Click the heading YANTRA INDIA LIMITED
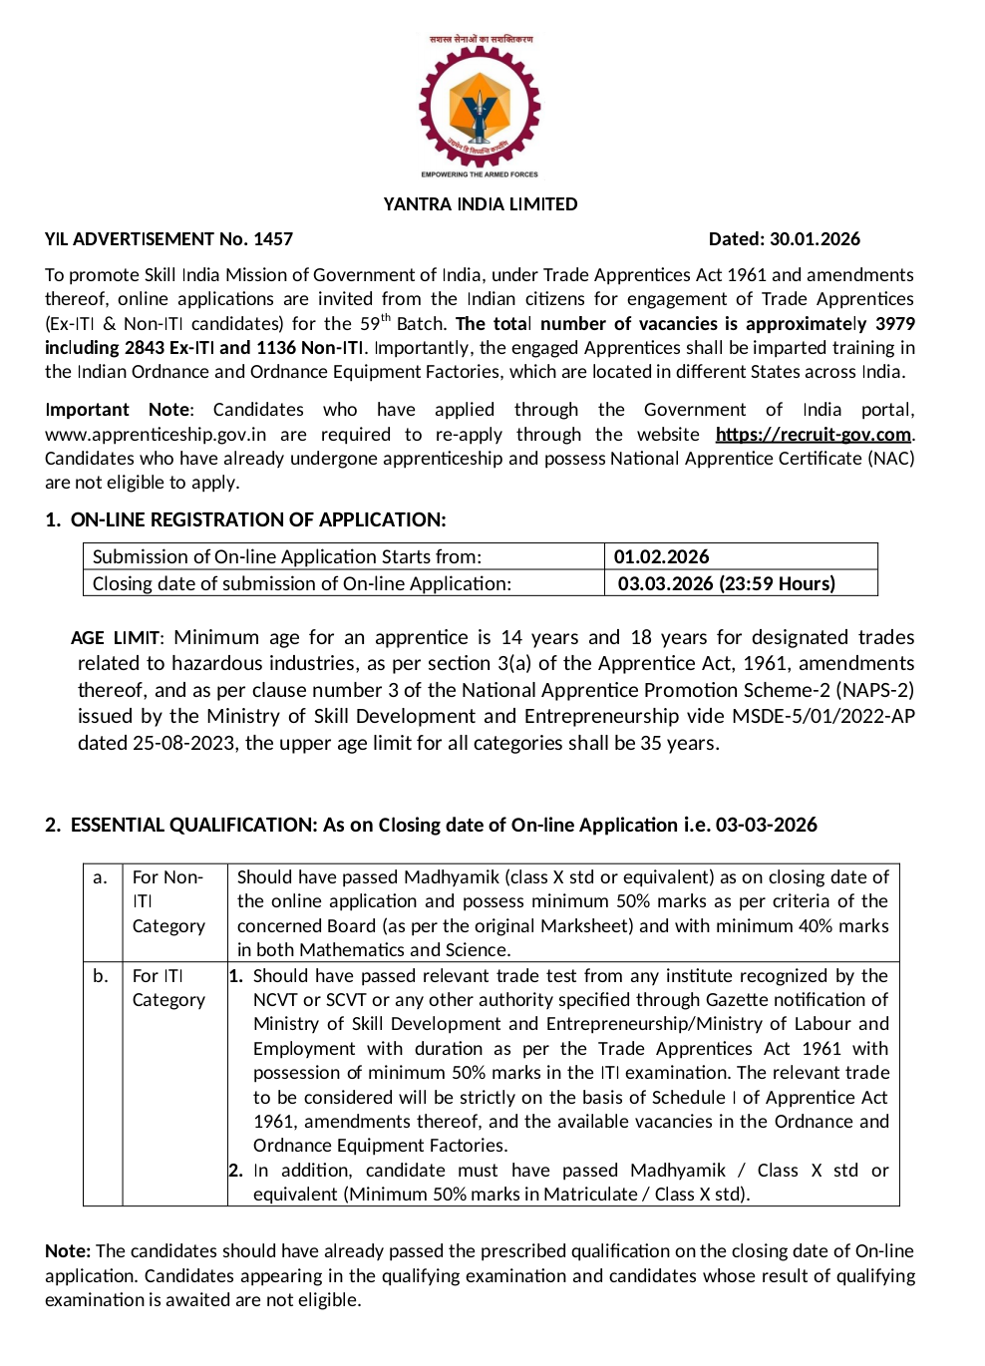pos(481,204)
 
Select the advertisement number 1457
pos(273,239)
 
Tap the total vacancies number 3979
pos(894,324)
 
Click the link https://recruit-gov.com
pos(813,435)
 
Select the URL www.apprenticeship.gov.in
pos(156,435)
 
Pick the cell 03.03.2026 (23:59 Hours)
pos(726,584)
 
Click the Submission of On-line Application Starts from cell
pos(287,557)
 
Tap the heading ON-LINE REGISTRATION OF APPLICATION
pos(258,520)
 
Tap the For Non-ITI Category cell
pos(168,901)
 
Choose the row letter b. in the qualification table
pos(101,976)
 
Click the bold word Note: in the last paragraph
pos(68,1251)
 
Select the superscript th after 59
pos(386,318)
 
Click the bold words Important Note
pos(118,410)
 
